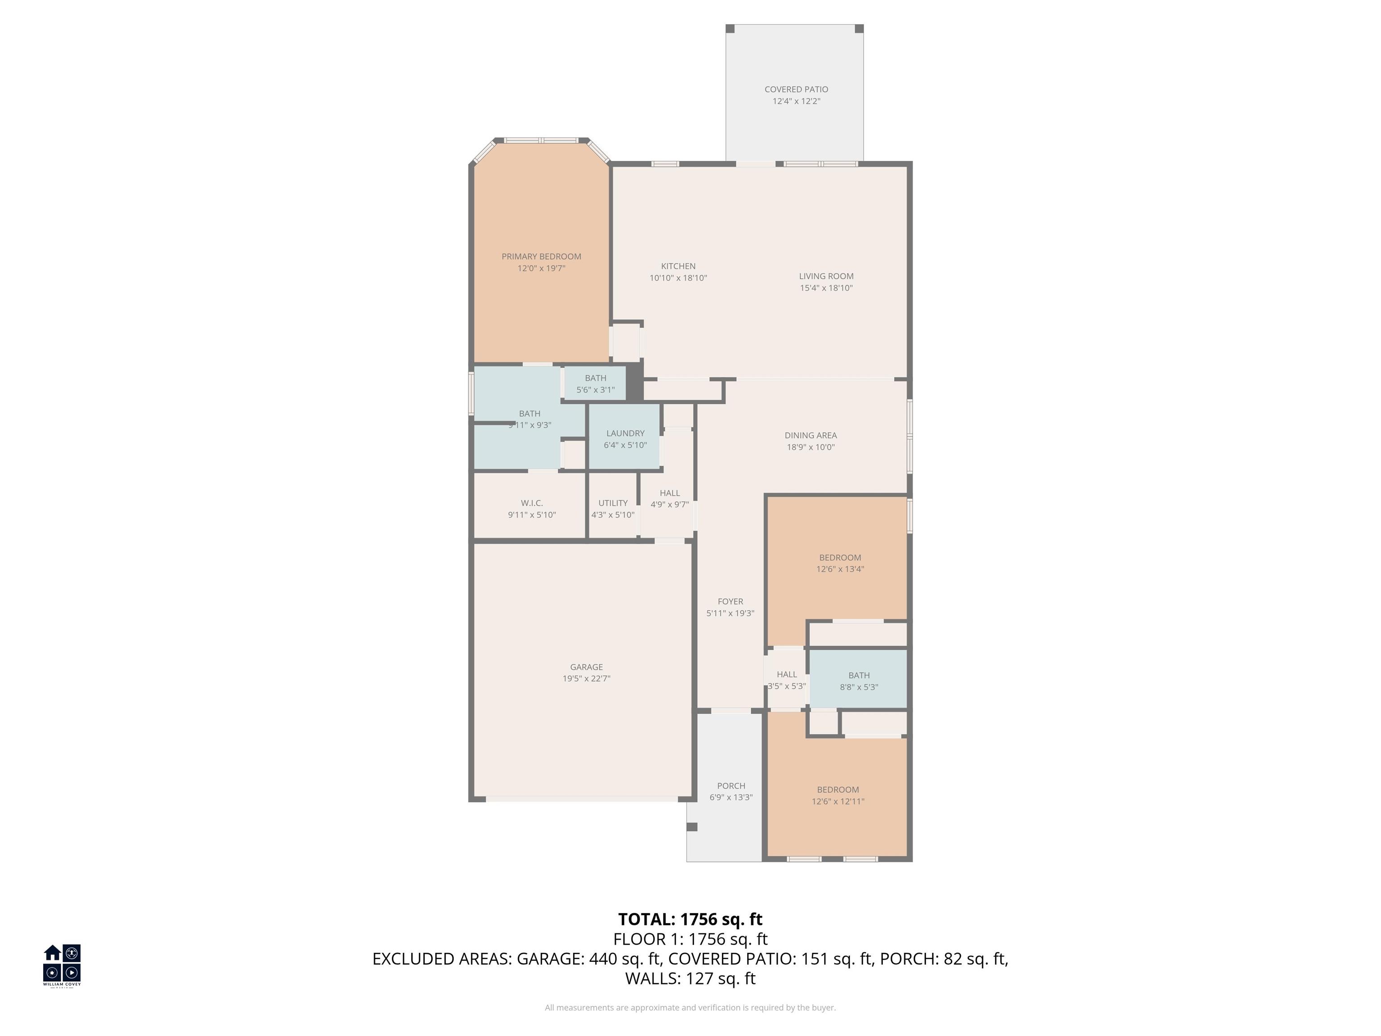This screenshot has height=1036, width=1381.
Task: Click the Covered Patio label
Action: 796,89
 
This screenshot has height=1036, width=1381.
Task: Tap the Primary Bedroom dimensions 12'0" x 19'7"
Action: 541,268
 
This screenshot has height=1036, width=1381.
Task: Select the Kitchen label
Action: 678,266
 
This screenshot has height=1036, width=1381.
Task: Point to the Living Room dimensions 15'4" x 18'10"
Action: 826,288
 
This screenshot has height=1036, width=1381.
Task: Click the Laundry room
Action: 625,437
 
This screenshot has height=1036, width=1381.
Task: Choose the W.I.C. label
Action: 531,503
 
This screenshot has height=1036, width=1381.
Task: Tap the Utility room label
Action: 612,503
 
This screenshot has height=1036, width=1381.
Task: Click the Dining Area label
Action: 811,435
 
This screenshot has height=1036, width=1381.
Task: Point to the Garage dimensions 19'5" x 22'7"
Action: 586,679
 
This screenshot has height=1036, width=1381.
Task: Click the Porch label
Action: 731,786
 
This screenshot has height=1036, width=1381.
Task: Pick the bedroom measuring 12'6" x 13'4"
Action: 840,562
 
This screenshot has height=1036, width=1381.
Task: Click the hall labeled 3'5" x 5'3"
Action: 787,679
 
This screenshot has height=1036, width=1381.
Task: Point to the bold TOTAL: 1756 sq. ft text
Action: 690,919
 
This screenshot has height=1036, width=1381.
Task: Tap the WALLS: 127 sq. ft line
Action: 690,978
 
